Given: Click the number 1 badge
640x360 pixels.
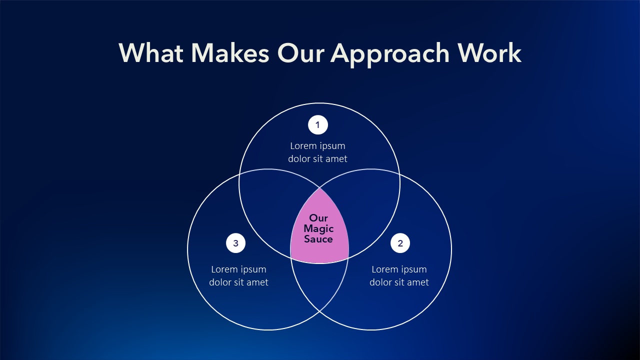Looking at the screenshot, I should [317, 125].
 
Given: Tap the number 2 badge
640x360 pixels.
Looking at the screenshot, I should [400, 243].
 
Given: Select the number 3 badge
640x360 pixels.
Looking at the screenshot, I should [235, 243].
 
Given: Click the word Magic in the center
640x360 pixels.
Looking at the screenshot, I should [318, 228].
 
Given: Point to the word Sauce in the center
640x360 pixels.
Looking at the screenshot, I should [318, 239].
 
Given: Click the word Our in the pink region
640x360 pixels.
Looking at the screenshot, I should [318, 218].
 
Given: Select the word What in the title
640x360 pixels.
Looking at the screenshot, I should [151, 53].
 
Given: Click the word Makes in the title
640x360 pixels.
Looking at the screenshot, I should [230, 53].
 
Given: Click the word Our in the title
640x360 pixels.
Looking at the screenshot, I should [301, 53].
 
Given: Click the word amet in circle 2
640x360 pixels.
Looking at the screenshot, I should [417, 282].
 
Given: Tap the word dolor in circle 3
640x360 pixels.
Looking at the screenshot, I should [220, 282].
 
